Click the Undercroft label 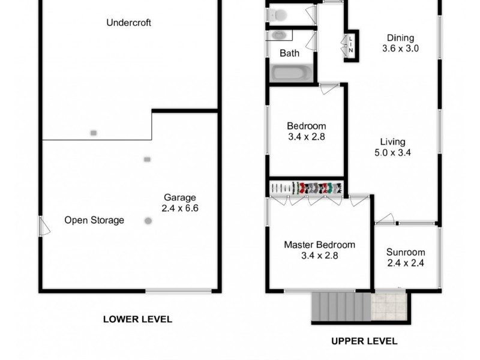tap(128, 23)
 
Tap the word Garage tap(180, 197)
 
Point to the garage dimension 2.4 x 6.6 tap(180, 209)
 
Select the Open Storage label tap(94, 220)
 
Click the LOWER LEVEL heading tap(137, 319)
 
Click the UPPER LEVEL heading tap(364, 341)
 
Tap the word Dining tap(400, 38)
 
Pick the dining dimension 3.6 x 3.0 tap(400, 49)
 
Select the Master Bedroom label tap(319, 245)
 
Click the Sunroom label tap(406, 252)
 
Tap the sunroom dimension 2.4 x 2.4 tap(406, 263)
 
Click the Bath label tap(289, 53)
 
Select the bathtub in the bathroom tap(291, 73)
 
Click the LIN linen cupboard tap(350, 45)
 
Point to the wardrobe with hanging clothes tap(306, 188)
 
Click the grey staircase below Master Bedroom tap(340, 306)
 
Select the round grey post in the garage tap(148, 221)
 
